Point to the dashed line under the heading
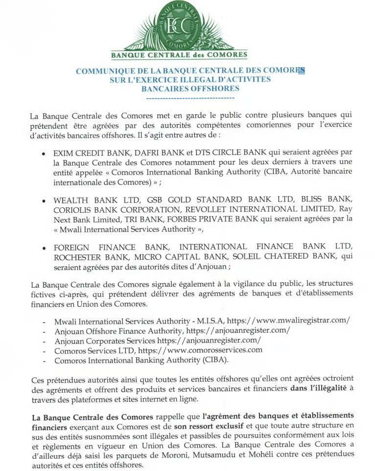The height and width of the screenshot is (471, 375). tap(190, 99)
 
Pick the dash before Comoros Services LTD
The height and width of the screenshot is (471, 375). tap(45, 350)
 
